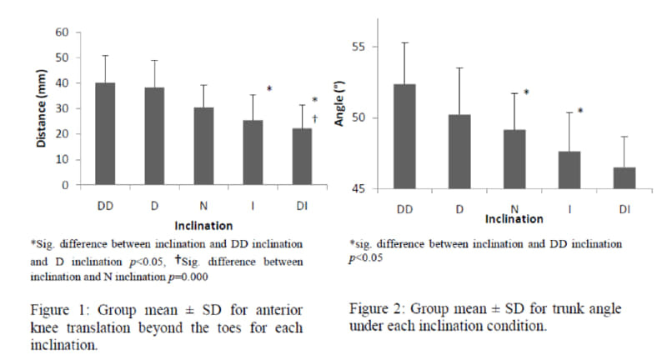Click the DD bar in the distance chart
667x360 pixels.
coord(104,133)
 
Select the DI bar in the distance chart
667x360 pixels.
coord(302,157)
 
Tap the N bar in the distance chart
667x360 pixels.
coord(203,146)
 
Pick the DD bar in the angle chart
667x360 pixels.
coord(404,137)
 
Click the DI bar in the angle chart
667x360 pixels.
coord(624,178)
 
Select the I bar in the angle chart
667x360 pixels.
coord(569,170)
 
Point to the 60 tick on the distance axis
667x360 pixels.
coord(62,32)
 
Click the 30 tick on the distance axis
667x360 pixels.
coord(62,108)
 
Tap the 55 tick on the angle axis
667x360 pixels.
coord(359,47)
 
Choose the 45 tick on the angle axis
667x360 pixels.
coord(359,189)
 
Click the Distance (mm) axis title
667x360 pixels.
coord(40,108)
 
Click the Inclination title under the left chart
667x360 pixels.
coord(203,225)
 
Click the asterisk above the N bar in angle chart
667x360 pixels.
coord(526,93)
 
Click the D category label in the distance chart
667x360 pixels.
coord(154,205)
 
